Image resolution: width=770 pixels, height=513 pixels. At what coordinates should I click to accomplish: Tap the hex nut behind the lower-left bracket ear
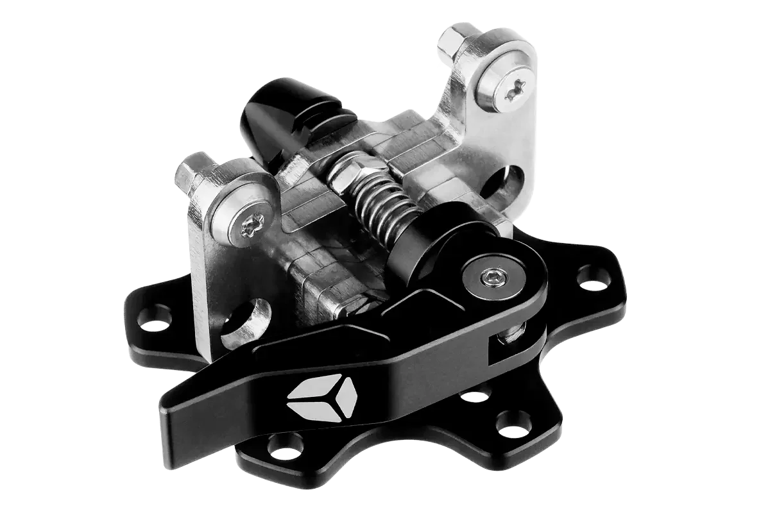tap(191, 172)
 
